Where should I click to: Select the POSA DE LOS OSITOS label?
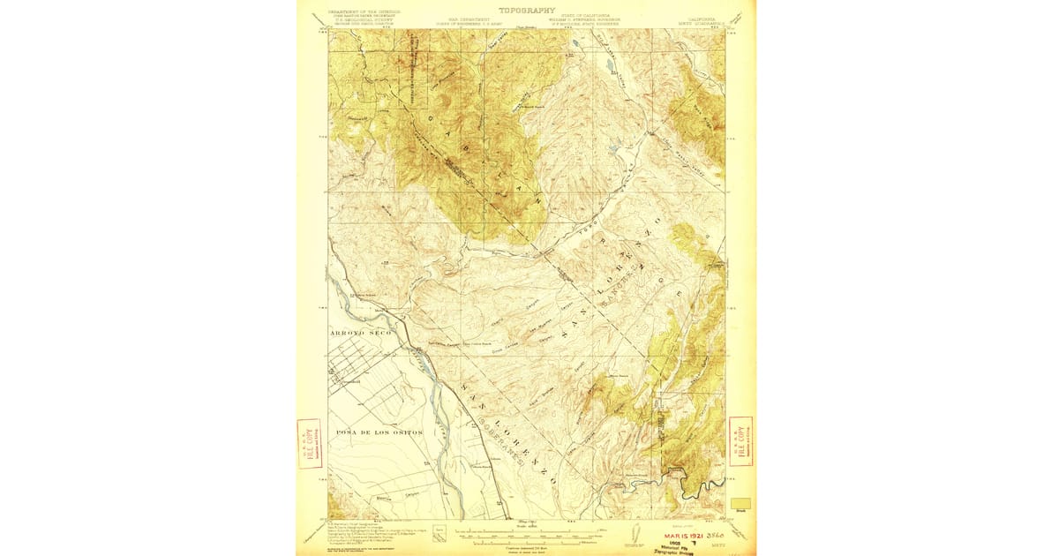click(379, 432)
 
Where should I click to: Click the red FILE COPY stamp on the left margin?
click(309, 443)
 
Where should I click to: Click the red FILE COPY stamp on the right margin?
click(741, 441)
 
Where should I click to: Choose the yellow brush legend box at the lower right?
click(741, 503)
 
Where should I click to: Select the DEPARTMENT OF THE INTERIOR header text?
click(364, 12)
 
